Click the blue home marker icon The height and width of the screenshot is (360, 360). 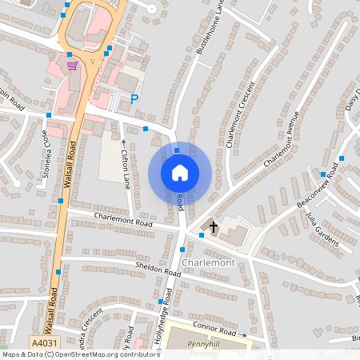coord(180,173)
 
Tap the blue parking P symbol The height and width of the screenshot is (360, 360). coord(134,99)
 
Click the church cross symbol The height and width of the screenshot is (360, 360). coord(214,228)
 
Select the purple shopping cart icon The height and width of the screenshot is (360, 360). coord(72,65)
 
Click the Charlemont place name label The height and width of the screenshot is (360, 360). coord(207,262)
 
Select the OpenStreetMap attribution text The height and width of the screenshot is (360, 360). coord(81,354)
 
